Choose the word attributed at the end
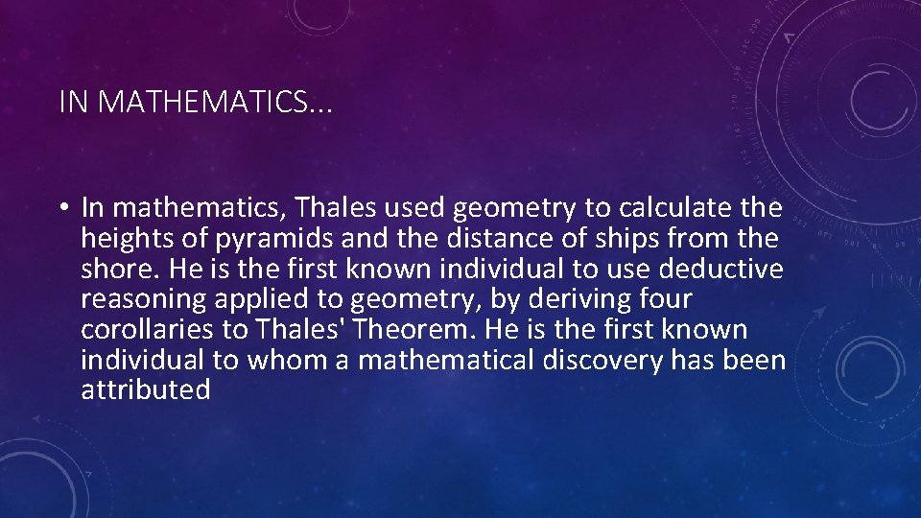(x=146, y=389)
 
